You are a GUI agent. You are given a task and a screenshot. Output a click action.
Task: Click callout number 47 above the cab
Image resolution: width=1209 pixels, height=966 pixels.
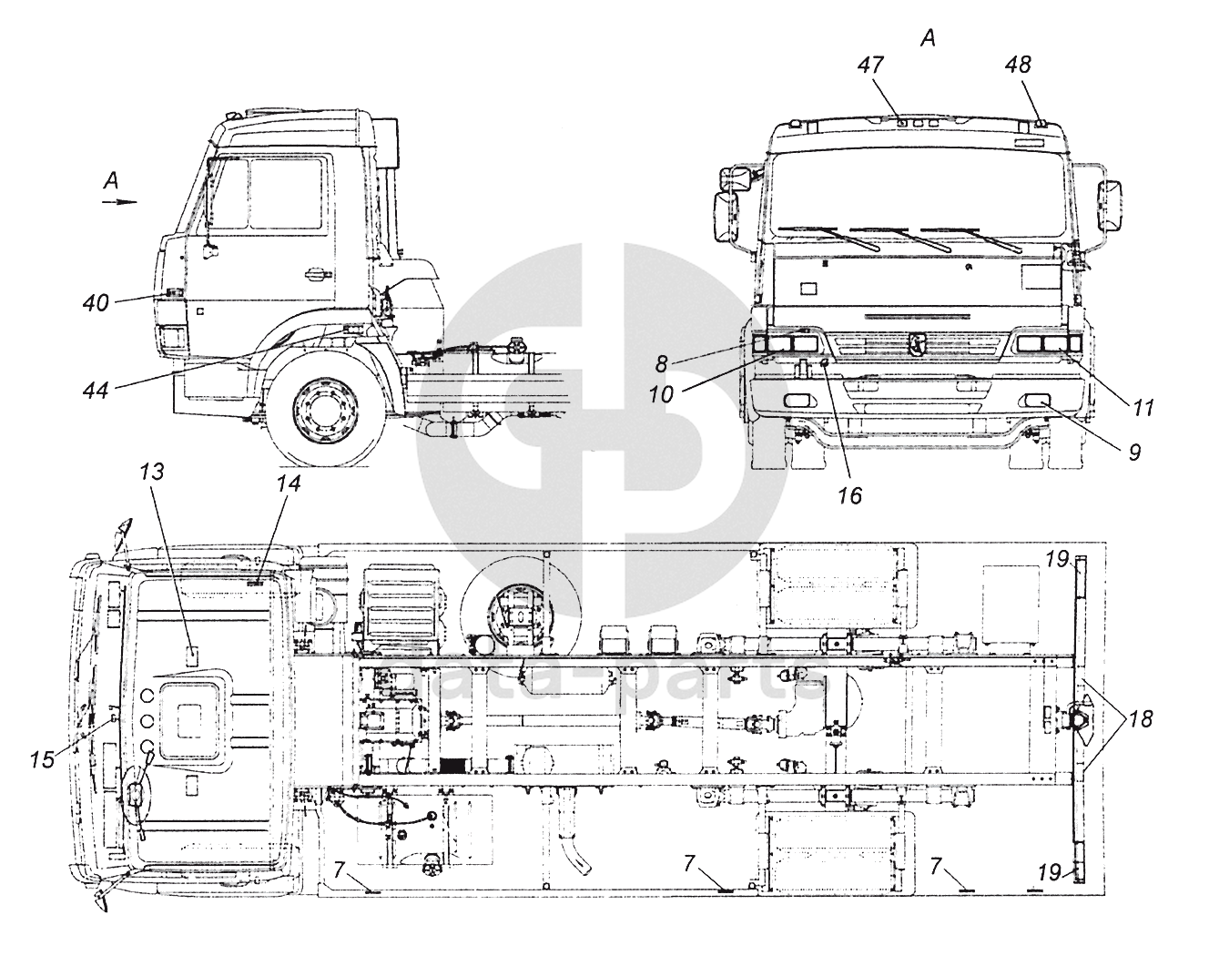pos(870,66)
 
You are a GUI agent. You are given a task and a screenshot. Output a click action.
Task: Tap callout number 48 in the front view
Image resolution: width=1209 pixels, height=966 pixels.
pos(1018,66)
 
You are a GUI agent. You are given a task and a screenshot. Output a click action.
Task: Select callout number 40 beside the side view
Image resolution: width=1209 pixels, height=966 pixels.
pos(97,304)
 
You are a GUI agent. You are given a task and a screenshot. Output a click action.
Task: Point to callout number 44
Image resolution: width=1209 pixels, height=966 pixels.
pos(96,391)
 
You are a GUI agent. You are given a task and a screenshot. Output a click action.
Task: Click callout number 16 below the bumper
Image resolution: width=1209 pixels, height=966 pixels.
pos(850,496)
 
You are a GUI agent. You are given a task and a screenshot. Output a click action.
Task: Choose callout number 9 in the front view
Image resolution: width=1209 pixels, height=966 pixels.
pos(1135,452)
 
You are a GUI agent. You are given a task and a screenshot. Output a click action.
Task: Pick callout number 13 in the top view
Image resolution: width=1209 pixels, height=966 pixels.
pos(152,472)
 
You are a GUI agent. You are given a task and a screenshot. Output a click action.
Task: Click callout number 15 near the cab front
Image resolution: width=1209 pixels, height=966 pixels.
pos(43,760)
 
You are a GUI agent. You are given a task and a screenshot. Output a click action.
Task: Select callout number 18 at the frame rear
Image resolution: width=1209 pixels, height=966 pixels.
pos(1141,719)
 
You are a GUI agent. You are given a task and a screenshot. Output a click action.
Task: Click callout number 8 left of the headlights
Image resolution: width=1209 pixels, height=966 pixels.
pos(661,365)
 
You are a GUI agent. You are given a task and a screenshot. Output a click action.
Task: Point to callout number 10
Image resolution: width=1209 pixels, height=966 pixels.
pos(661,395)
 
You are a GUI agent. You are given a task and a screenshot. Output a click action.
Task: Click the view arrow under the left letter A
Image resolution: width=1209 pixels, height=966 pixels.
pos(119,201)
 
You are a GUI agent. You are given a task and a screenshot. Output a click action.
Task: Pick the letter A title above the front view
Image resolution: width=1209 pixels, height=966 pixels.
pos(928,38)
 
